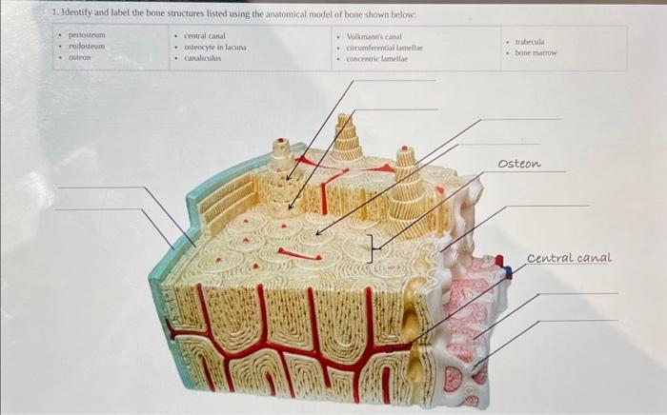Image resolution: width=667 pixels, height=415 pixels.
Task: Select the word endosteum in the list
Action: point(87,46)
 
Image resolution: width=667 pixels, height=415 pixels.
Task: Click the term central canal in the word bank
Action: point(204,34)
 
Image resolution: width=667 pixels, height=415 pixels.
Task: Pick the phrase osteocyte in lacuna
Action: point(215,46)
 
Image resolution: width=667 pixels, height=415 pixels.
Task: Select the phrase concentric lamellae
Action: point(376,58)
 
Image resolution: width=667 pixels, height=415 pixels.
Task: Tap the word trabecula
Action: point(530,42)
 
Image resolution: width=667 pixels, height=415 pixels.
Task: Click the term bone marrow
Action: point(536,53)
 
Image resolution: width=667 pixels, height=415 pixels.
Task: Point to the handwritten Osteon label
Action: point(519,164)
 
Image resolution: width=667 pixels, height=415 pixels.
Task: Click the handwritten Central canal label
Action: point(569,258)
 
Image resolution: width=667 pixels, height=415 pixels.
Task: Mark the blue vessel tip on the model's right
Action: point(509,272)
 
